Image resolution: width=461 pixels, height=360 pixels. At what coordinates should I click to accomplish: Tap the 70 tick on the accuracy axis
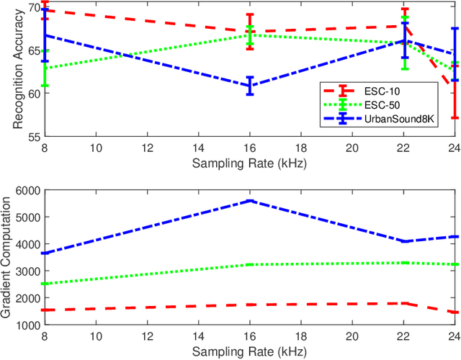point(32,7)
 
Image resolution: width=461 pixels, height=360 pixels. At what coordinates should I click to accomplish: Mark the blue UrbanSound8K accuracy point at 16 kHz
point(249,86)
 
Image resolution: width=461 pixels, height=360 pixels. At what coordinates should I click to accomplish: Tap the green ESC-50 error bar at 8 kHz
point(45,68)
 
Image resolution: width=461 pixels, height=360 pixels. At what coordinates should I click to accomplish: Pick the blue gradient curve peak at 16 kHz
point(249,201)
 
